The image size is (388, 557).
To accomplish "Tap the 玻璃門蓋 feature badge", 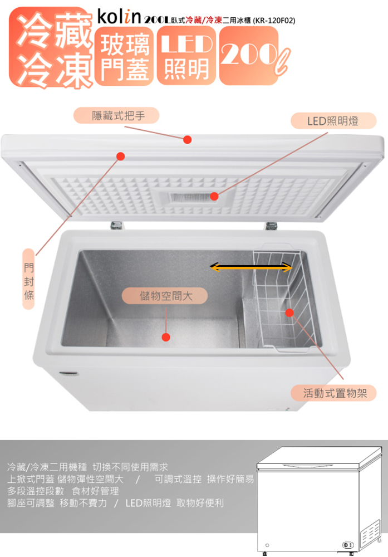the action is coord(123,56).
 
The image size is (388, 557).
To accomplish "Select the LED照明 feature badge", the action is coord(186,56).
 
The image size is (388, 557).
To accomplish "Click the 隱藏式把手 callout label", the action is coord(118,116).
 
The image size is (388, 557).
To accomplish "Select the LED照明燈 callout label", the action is coord(333,121).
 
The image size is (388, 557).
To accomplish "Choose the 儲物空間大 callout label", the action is coord(165,295).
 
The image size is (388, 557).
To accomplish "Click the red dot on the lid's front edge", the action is coord(188,139).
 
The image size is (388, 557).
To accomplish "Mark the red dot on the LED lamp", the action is coord(214,197).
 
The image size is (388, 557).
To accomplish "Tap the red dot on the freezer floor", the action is coord(165,336).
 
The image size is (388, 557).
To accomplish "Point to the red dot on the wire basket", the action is coord(289,312).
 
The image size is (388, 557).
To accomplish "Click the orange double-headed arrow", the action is coord(251,268).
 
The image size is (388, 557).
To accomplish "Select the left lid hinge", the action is coord(116,225).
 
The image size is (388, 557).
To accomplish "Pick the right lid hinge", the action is coord(271,225).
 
